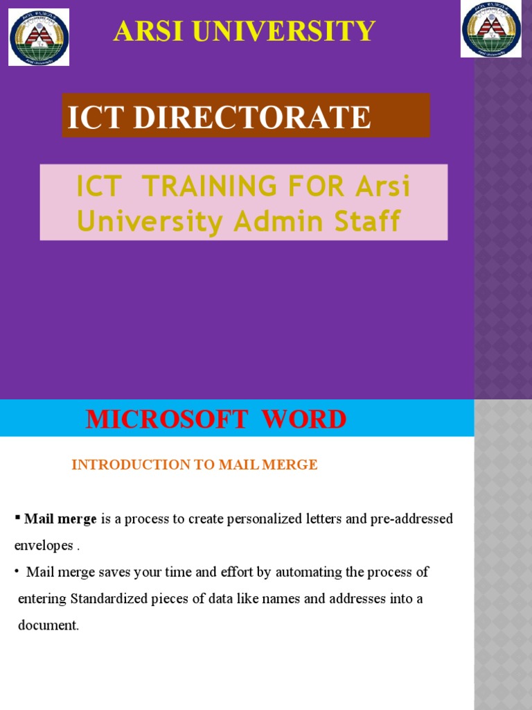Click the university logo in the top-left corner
[39, 37]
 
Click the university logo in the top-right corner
[491, 30]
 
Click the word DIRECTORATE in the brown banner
[252, 117]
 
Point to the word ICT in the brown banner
[96, 117]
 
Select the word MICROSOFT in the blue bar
[166, 419]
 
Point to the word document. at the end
[48, 625]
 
